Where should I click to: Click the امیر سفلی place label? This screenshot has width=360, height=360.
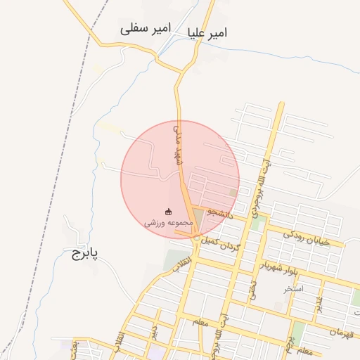click(x=146, y=29)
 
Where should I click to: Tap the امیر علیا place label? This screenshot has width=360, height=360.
click(x=209, y=33)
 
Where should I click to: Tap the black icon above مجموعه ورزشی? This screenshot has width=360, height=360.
click(x=167, y=211)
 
